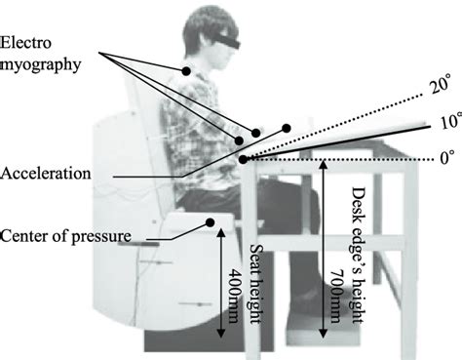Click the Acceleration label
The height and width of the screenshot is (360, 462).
point(46,174)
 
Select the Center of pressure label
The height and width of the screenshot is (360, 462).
point(67,235)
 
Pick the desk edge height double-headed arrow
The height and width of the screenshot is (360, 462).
point(323,249)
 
